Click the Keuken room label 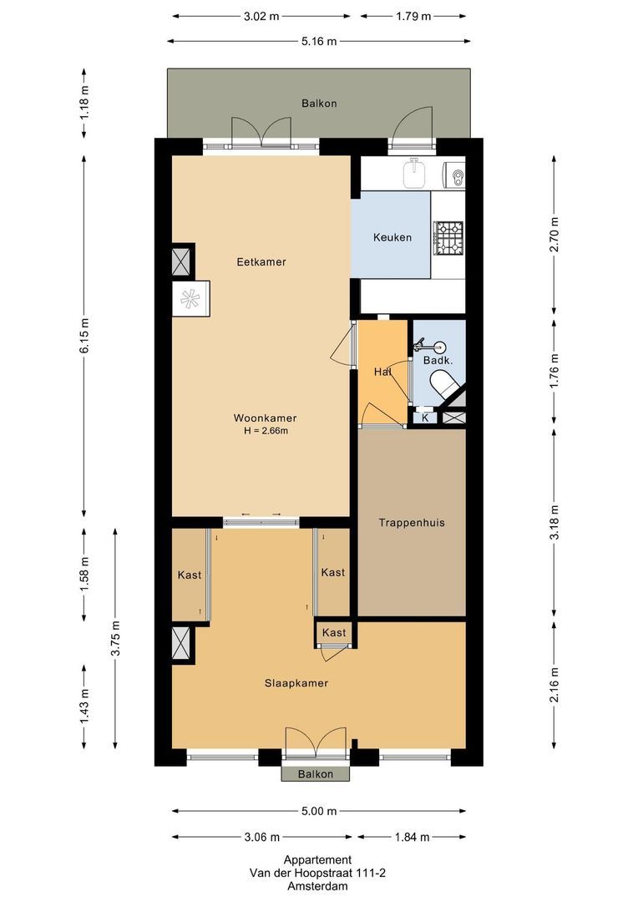[392, 237]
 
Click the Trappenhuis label [411, 523]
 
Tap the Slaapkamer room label [296, 683]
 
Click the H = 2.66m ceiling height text [265, 431]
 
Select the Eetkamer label [261, 261]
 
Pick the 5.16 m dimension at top [318, 41]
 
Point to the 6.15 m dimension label [84, 336]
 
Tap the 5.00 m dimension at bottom [319, 811]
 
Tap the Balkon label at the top [319, 104]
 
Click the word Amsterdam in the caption [317, 886]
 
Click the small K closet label [425, 417]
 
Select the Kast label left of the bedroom [190, 575]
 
